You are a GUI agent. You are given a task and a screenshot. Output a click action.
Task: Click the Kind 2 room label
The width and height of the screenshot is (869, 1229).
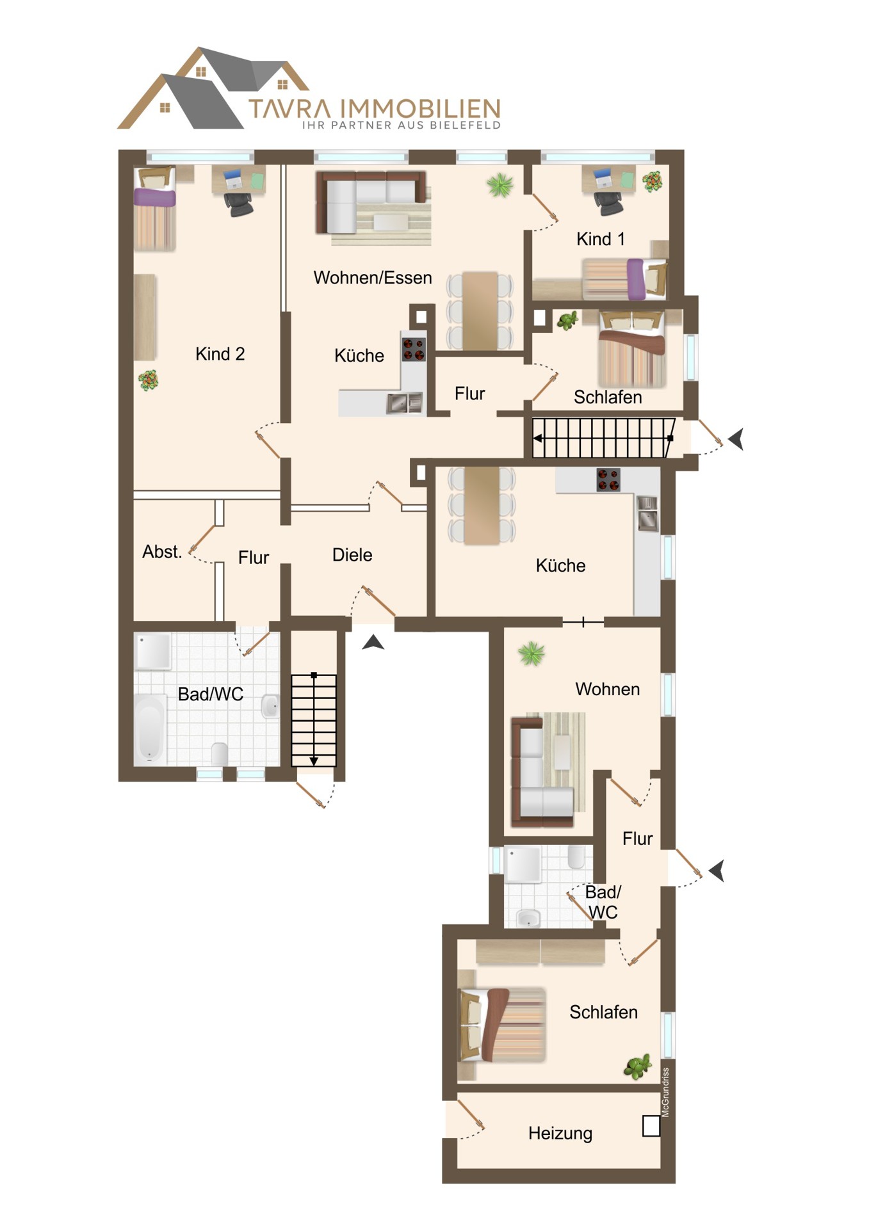coord(220,354)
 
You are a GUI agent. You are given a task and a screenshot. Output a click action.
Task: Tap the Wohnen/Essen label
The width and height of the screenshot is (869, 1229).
coord(373,278)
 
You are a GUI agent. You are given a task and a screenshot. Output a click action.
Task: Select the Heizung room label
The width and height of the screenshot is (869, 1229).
coord(560,1134)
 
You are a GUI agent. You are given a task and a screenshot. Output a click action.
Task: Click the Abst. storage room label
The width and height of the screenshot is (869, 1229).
coord(162,552)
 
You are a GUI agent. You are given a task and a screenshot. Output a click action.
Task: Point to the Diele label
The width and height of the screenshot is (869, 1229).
coord(352,555)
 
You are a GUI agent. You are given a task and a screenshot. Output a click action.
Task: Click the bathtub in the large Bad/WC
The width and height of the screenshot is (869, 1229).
coord(150,729)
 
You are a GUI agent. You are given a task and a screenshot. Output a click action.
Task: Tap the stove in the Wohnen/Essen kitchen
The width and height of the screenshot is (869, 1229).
coord(414,349)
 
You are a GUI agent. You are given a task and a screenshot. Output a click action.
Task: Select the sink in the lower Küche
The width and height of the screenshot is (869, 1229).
coord(647,513)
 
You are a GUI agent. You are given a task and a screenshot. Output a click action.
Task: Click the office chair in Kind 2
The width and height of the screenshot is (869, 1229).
coord(239,203)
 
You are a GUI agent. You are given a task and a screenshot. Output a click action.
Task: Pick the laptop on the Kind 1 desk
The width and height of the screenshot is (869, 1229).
coord(603,177)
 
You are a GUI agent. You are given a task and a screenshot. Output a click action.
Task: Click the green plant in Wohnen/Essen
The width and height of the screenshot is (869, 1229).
coord(500,185)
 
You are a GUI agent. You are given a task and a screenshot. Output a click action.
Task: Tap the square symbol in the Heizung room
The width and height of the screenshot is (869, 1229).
coord(651,1126)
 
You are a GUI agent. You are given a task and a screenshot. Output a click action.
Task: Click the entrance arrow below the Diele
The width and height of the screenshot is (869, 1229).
coord(373,643)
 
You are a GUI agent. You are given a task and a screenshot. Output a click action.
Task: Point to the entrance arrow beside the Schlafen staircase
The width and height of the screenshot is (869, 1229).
coord(736,439)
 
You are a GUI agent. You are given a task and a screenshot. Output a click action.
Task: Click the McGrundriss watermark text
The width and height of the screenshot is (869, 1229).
coord(665,1092)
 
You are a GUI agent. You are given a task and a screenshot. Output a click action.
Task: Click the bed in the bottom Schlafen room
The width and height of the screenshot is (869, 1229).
coord(503,1025)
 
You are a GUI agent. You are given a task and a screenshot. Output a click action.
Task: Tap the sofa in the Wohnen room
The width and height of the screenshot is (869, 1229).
coord(542,771)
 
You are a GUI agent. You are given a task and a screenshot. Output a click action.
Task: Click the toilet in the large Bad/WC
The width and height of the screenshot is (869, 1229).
coord(220,754)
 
